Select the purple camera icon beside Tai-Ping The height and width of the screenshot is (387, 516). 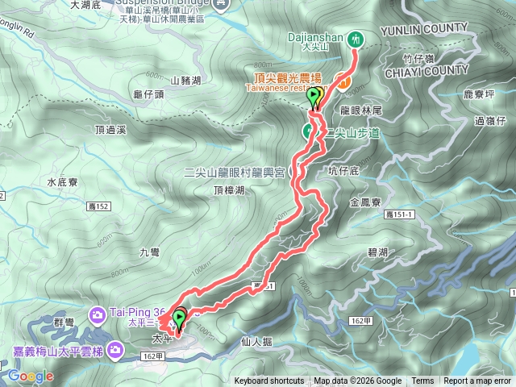pos(96,313)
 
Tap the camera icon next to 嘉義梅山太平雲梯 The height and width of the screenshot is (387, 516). pos(117,349)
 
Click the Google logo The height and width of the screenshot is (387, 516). pos(31,376)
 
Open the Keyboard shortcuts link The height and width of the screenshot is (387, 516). pos(269,381)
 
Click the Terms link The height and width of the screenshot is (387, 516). pos(422,381)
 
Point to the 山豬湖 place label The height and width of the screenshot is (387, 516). pos(185,79)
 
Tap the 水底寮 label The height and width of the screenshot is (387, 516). pos(61,182)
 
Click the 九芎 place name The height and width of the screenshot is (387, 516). pos(150,252)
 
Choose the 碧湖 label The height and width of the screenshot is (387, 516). pos(377,252)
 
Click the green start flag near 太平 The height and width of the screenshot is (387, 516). pos(178,318)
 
